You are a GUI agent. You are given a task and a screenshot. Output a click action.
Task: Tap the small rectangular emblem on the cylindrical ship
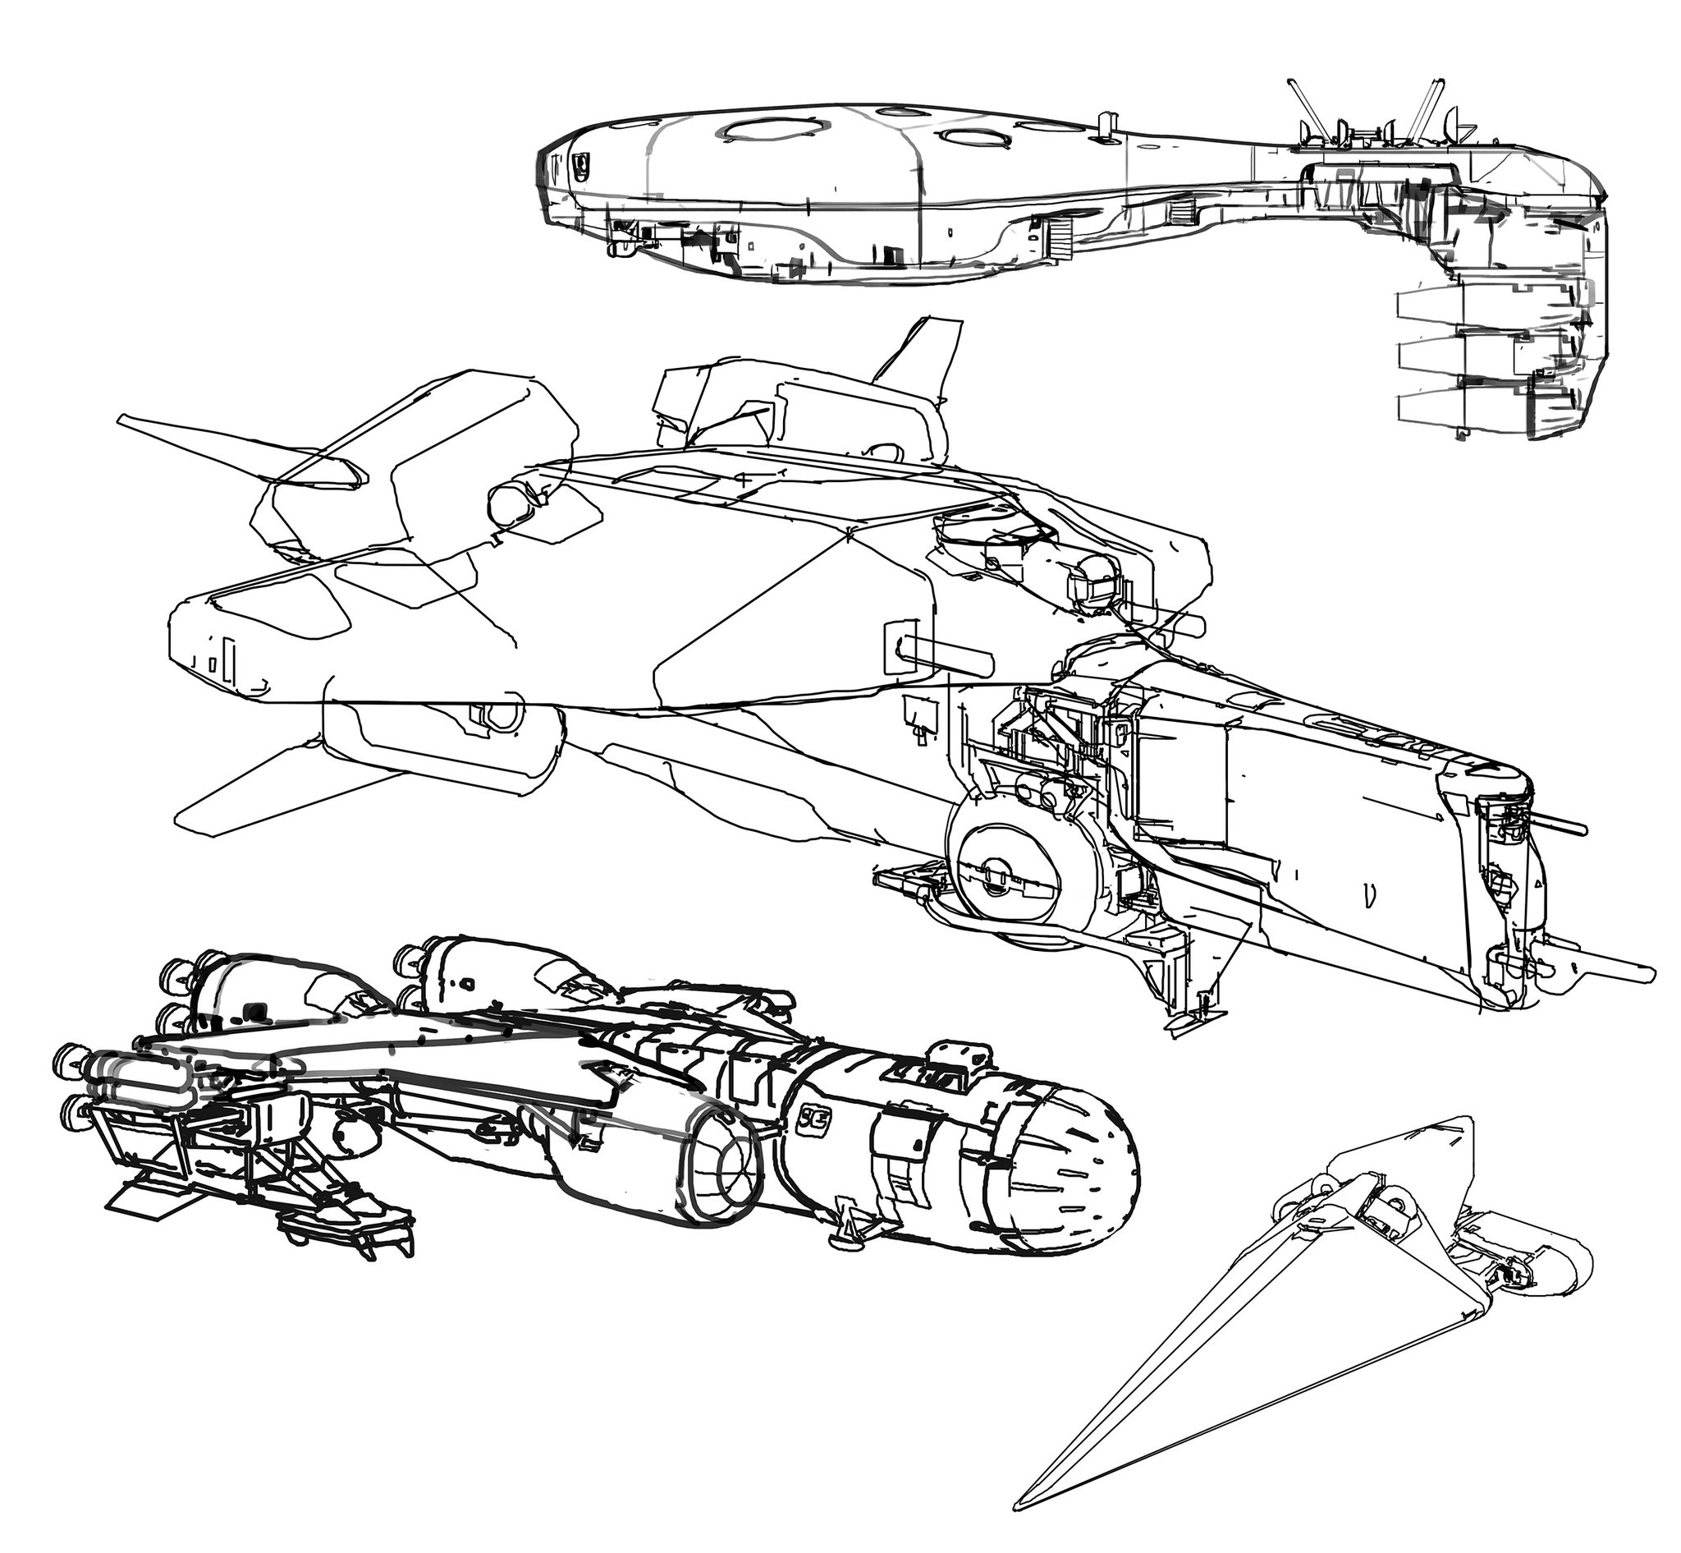point(813,1119)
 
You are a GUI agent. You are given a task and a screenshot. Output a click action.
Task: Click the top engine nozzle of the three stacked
point(1428,306)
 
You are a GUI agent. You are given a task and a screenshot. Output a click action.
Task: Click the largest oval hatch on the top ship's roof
point(773,129)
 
